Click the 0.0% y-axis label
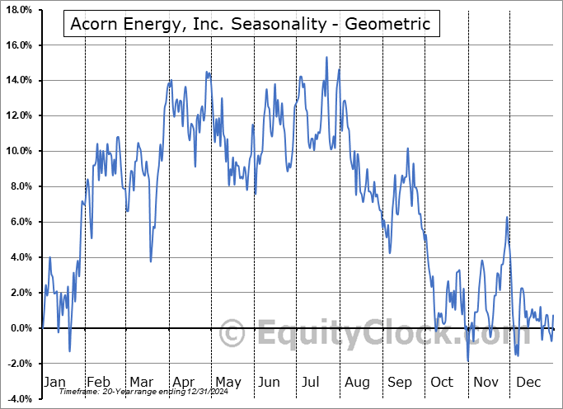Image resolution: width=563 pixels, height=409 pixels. click(21, 328)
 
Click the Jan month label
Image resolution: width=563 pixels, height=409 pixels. click(54, 382)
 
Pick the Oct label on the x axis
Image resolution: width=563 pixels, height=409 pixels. click(442, 382)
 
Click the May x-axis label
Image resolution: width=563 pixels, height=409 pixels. click(228, 382)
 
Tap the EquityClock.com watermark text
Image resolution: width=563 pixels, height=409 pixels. click(354, 335)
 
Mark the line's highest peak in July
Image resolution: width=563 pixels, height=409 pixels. click(326, 57)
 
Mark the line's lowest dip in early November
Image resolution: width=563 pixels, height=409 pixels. click(467, 360)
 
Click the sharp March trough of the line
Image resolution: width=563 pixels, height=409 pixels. click(151, 261)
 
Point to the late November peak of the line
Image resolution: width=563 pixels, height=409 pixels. click(507, 217)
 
